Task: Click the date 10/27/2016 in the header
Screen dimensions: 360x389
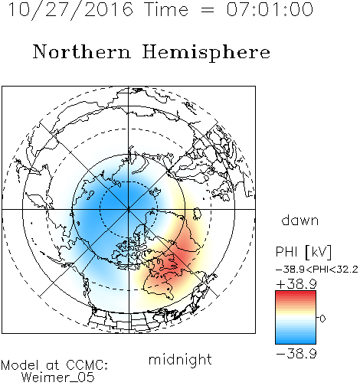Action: (x=70, y=10)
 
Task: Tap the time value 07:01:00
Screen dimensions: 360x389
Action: (x=270, y=9)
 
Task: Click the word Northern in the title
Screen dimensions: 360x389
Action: (x=81, y=52)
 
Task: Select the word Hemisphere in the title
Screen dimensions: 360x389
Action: (x=206, y=53)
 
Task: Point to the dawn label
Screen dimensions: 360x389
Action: (x=300, y=220)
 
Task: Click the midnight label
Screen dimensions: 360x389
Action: (x=180, y=359)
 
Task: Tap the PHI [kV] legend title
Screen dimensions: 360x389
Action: (x=303, y=252)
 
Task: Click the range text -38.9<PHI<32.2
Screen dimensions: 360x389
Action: (x=316, y=270)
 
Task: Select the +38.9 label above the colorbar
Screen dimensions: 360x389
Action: (x=296, y=284)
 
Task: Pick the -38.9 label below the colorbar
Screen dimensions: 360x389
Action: (x=296, y=354)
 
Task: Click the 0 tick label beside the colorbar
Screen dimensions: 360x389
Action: (x=322, y=319)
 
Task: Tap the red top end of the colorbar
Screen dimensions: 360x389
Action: (x=296, y=293)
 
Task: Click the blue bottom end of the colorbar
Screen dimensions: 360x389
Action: (x=296, y=342)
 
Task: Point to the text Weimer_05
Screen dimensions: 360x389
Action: (x=58, y=378)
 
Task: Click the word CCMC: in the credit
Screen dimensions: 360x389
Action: (x=87, y=365)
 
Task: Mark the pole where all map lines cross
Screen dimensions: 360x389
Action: (x=129, y=209)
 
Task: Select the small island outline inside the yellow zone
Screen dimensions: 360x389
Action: (x=196, y=214)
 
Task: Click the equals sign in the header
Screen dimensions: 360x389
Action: (x=207, y=10)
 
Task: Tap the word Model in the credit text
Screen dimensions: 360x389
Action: (x=20, y=365)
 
